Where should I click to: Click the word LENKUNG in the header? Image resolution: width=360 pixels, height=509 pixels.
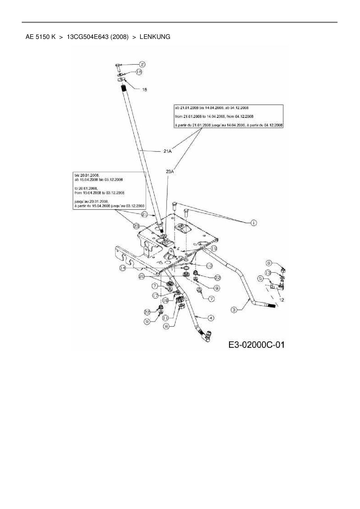(x=155, y=37)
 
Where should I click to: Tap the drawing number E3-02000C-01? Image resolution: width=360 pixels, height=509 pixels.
(x=256, y=344)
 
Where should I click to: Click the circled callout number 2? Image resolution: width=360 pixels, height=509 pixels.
(x=143, y=64)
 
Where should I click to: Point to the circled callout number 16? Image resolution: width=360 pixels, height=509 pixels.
(x=139, y=72)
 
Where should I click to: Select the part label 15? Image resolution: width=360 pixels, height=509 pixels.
(x=144, y=90)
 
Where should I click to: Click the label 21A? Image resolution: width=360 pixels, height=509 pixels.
(x=168, y=151)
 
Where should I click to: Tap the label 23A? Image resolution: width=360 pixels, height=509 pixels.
(x=170, y=172)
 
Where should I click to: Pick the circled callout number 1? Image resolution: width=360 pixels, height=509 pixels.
(x=253, y=223)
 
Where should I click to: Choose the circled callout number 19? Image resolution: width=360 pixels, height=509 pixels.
(x=214, y=249)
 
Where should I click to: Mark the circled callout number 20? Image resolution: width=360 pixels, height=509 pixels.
(x=141, y=277)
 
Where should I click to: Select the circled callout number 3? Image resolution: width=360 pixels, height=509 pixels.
(x=234, y=310)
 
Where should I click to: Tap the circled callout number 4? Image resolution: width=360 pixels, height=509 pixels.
(x=211, y=318)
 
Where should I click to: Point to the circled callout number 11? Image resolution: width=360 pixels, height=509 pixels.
(x=165, y=318)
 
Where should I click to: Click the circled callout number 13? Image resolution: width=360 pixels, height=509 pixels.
(x=268, y=273)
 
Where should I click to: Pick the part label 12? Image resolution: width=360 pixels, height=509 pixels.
(x=282, y=300)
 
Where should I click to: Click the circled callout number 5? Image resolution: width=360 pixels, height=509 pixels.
(x=260, y=279)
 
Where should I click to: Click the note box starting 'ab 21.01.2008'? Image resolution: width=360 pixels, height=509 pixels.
(x=228, y=116)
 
